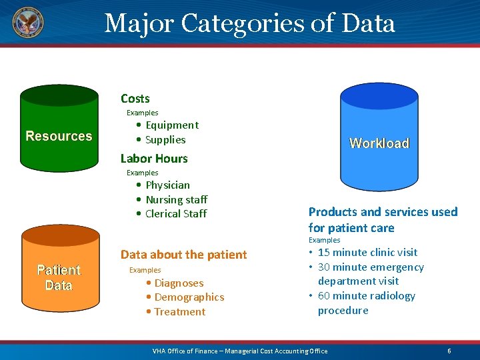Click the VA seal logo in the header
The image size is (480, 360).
(27, 23)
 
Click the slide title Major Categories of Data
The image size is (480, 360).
(250, 23)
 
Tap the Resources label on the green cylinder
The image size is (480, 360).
(59, 136)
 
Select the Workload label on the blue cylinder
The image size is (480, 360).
(379, 143)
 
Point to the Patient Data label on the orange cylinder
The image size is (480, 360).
(59, 277)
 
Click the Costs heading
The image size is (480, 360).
(135, 99)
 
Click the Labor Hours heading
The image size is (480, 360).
(154, 159)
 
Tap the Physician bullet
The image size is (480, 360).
(167, 185)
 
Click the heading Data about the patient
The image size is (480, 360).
(183, 255)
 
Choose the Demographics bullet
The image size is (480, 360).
(189, 297)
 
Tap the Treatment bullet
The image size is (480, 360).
(179, 312)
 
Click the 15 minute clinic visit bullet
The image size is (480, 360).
(367, 253)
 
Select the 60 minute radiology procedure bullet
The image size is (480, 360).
(366, 303)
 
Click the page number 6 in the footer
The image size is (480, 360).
(449, 351)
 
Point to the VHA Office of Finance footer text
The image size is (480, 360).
(240, 351)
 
